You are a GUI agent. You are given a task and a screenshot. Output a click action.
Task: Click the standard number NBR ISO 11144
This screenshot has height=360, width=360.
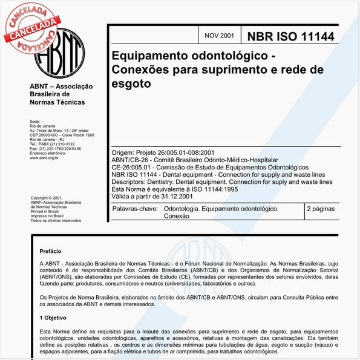[x=290, y=36]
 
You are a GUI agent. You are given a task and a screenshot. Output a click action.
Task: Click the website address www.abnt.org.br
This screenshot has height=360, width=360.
[x=44, y=157]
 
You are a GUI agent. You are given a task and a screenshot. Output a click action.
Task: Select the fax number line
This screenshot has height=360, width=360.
[x=55, y=148]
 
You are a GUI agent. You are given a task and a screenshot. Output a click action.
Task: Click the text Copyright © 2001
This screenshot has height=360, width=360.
[x=47, y=198]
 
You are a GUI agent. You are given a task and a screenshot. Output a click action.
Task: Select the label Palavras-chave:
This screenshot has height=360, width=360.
[x=135, y=209]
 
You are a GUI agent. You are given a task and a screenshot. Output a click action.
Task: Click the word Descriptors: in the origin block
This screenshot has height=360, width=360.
[x=132, y=181]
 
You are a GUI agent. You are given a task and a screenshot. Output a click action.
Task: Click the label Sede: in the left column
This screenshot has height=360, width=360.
[x=34, y=122]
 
